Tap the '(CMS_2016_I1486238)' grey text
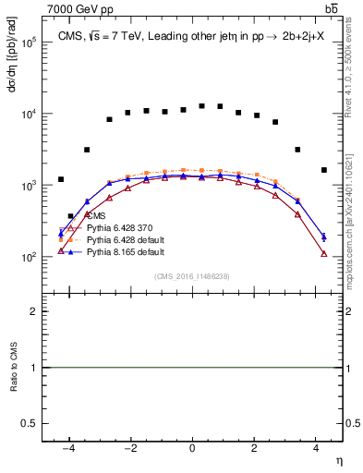coord(191,275)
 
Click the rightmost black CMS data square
coord(323,170)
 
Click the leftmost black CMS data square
coord(61,179)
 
